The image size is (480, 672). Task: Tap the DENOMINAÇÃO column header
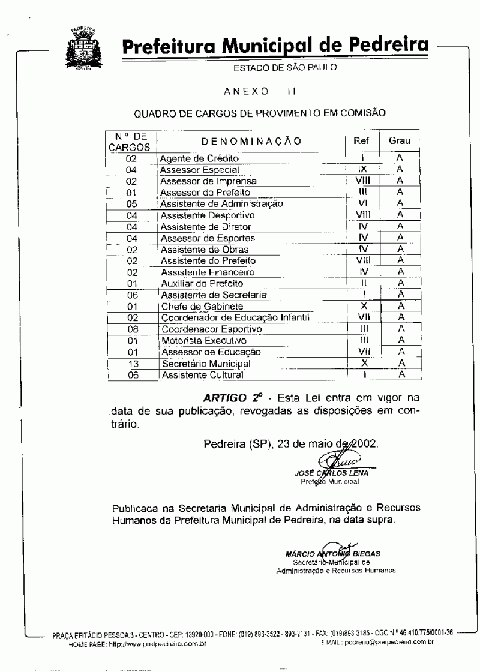click(251, 141)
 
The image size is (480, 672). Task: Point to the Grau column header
click(400, 141)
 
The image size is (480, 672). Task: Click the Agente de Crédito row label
click(199, 159)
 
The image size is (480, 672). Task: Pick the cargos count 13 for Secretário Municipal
click(133, 364)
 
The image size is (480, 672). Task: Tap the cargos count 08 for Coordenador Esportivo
click(133, 329)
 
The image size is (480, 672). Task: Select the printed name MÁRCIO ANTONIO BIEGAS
click(333, 553)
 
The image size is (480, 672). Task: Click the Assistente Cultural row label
click(202, 375)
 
